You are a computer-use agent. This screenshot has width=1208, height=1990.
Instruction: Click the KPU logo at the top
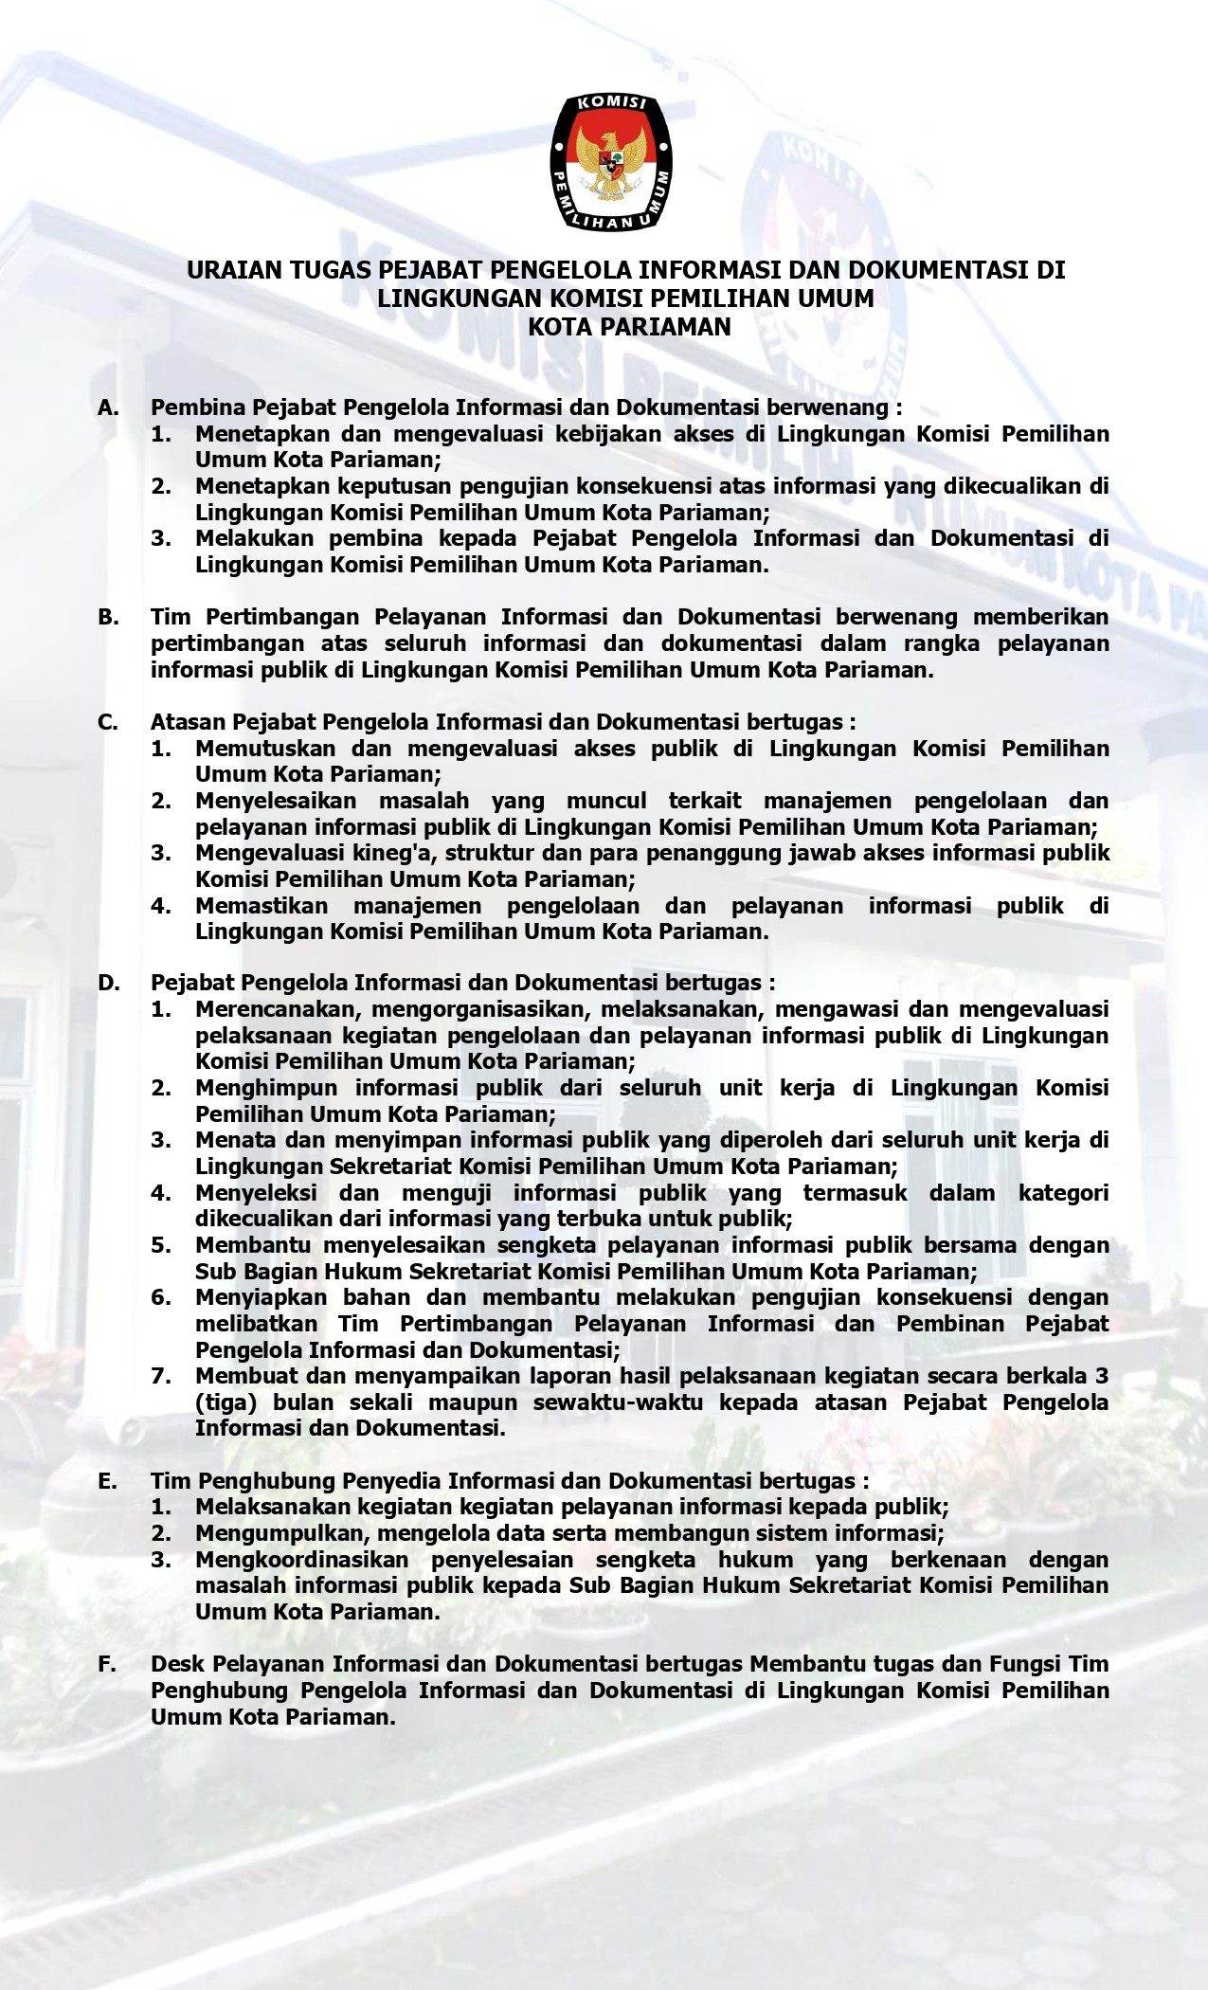[611, 161]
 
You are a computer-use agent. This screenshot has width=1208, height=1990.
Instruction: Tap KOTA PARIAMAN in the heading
[629, 327]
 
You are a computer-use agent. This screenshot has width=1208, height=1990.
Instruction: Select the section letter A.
[108, 407]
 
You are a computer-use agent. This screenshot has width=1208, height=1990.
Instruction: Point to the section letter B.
[108, 617]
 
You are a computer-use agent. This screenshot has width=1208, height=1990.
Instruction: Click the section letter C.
[108, 722]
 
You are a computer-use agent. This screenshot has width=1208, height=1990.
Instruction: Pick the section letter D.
[109, 983]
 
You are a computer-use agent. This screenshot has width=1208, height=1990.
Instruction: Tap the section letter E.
[108, 1480]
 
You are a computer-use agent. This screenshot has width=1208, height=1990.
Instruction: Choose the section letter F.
[107, 1663]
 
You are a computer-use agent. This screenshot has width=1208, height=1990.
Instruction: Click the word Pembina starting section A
[193, 407]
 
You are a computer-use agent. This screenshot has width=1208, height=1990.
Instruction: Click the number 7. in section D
[161, 1375]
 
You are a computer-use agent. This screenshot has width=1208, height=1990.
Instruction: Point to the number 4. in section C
[161, 905]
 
